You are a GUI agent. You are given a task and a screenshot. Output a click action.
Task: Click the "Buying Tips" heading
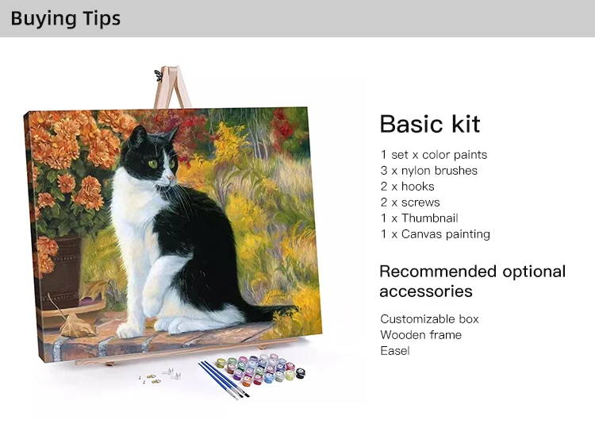[x=65, y=18]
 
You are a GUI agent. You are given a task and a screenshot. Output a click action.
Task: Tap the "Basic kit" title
[x=430, y=124]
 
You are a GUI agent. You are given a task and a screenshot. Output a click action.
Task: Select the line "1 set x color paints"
[x=434, y=155]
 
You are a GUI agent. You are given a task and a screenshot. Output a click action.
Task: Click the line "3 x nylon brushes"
[x=428, y=171]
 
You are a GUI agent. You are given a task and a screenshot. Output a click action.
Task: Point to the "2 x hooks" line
[x=407, y=187]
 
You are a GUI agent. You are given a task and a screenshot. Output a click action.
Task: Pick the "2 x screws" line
[x=410, y=202]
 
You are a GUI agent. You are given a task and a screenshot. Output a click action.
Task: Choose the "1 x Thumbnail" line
[x=420, y=218]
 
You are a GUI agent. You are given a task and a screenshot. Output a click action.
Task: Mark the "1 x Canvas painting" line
[x=436, y=234]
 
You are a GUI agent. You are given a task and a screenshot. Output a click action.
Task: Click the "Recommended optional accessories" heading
[x=473, y=282]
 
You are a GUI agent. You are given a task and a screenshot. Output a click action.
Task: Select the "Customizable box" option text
[x=429, y=319]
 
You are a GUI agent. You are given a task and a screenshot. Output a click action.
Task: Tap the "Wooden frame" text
[x=420, y=335]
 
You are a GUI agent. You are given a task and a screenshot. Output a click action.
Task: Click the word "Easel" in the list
[x=395, y=351]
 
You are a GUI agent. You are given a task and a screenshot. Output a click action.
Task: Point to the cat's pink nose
[x=171, y=178]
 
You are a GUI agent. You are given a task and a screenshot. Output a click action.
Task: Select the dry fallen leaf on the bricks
[x=77, y=326]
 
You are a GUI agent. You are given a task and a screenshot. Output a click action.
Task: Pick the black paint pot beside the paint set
[x=300, y=372]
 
